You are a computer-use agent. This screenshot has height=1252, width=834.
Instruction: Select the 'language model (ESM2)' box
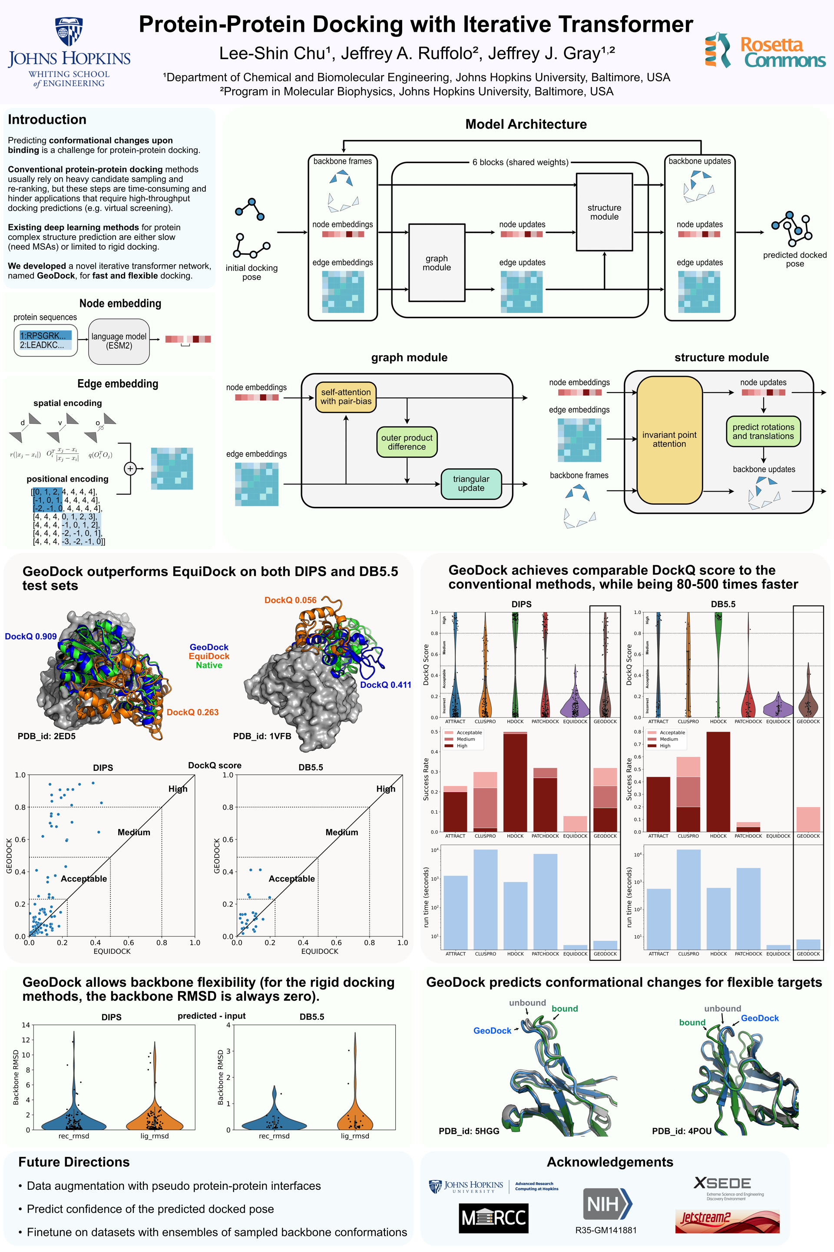pyautogui.click(x=119, y=341)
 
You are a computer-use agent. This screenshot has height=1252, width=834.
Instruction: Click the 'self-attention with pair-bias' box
pyautogui.click(x=346, y=396)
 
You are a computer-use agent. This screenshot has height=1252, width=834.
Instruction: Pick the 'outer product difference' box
pyautogui.click(x=407, y=442)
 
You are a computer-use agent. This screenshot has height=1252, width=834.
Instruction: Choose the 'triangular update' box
pyautogui.click(x=471, y=483)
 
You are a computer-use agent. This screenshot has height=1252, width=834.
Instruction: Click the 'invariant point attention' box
pyautogui.click(x=669, y=440)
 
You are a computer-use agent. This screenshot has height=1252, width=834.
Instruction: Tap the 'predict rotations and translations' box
pyautogui.click(x=763, y=431)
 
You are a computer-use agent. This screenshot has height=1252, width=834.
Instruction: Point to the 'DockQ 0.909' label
pyautogui.click(x=31, y=636)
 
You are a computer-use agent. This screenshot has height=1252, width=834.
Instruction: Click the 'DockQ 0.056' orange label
pyautogui.click(x=291, y=600)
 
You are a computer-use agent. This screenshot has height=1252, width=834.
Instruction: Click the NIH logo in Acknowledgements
pyautogui.click(x=606, y=1204)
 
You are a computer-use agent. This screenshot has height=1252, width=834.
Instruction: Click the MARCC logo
pyautogui.click(x=493, y=1218)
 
